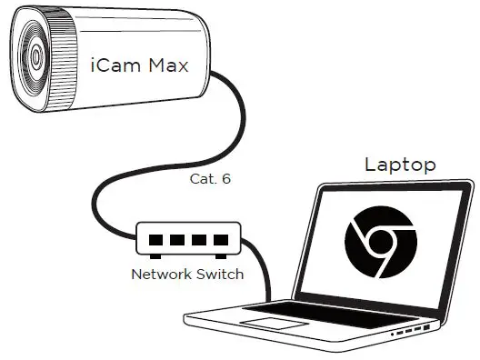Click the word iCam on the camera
coord(111,65)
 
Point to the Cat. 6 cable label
coord(210,179)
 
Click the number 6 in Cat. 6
coord(226,179)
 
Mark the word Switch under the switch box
coord(219,274)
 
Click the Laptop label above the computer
coord(400,165)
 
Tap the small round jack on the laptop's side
coord(393,335)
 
